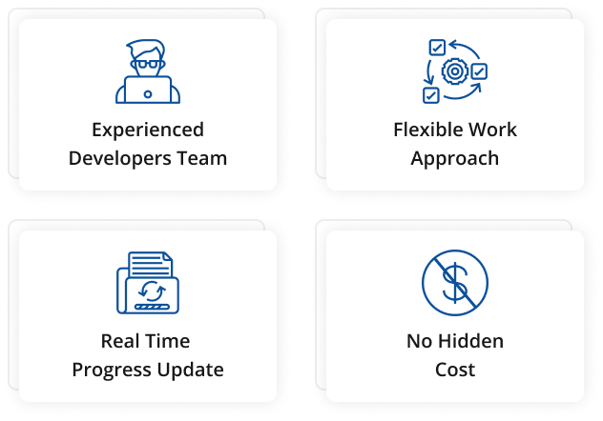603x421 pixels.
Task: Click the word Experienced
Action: (x=148, y=130)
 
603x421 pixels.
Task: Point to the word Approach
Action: (x=455, y=158)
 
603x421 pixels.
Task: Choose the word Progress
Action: (x=112, y=371)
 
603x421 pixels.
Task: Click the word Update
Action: (x=191, y=371)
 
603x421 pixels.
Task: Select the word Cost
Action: (x=455, y=370)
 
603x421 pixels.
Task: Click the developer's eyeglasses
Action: (x=148, y=64)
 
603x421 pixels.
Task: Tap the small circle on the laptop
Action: (x=148, y=94)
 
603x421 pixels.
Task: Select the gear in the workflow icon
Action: (x=455, y=71)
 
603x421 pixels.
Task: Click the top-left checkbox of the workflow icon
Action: (x=437, y=48)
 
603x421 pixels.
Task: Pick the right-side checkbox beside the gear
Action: (x=479, y=71)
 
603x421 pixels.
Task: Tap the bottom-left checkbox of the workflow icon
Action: (x=431, y=95)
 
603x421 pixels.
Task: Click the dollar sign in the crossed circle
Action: (x=455, y=283)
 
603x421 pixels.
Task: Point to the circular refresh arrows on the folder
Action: (x=152, y=291)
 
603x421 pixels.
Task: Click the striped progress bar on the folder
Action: (x=152, y=307)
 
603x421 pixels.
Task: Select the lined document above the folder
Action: (x=151, y=264)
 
